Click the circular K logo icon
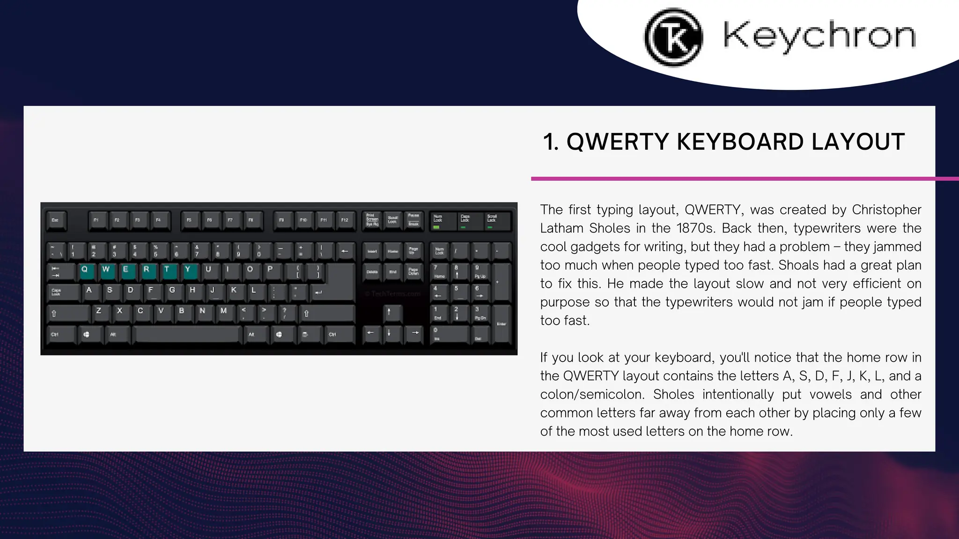point(673,37)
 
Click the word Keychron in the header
point(819,36)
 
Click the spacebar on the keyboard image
point(187,335)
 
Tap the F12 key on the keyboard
point(345,220)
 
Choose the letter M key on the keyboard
point(224,312)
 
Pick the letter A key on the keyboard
point(89,291)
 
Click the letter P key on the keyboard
point(270,270)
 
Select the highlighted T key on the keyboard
point(167,270)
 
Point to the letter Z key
point(99,312)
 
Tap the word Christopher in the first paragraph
point(886,210)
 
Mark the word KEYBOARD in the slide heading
point(740,142)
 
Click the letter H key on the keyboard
point(192,291)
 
